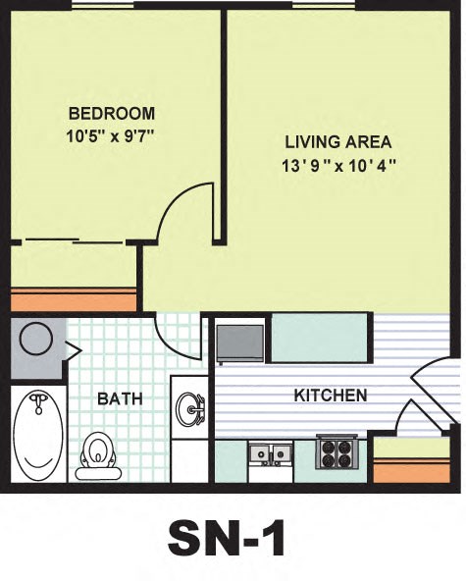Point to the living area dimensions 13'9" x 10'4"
pyautogui.click(x=339, y=166)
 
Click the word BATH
pyautogui.click(x=120, y=399)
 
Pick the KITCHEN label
pyautogui.click(x=331, y=396)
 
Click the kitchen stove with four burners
pyautogui.click(x=337, y=452)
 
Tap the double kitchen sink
pyautogui.click(x=269, y=454)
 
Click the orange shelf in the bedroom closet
pyautogui.click(x=74, y=299)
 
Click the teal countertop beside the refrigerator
pyautogui.click(x=319, y=338)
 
